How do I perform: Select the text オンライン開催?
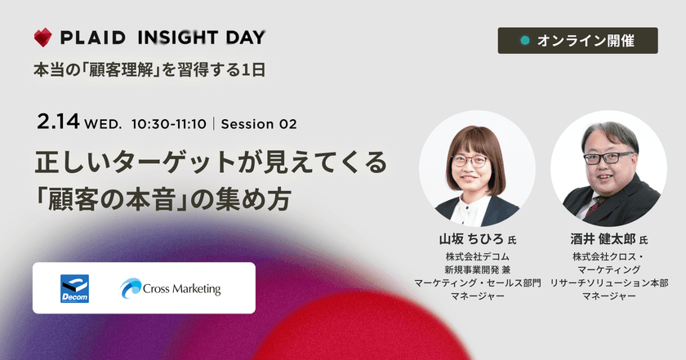pos(586,40)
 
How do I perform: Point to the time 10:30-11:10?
pos(168,124)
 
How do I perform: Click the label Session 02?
pos(258,124)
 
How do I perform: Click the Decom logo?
pos(74,288)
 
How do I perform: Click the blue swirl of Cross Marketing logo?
pos(131,288)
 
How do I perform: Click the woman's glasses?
pos(470,160)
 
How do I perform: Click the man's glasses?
pos(606,157)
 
